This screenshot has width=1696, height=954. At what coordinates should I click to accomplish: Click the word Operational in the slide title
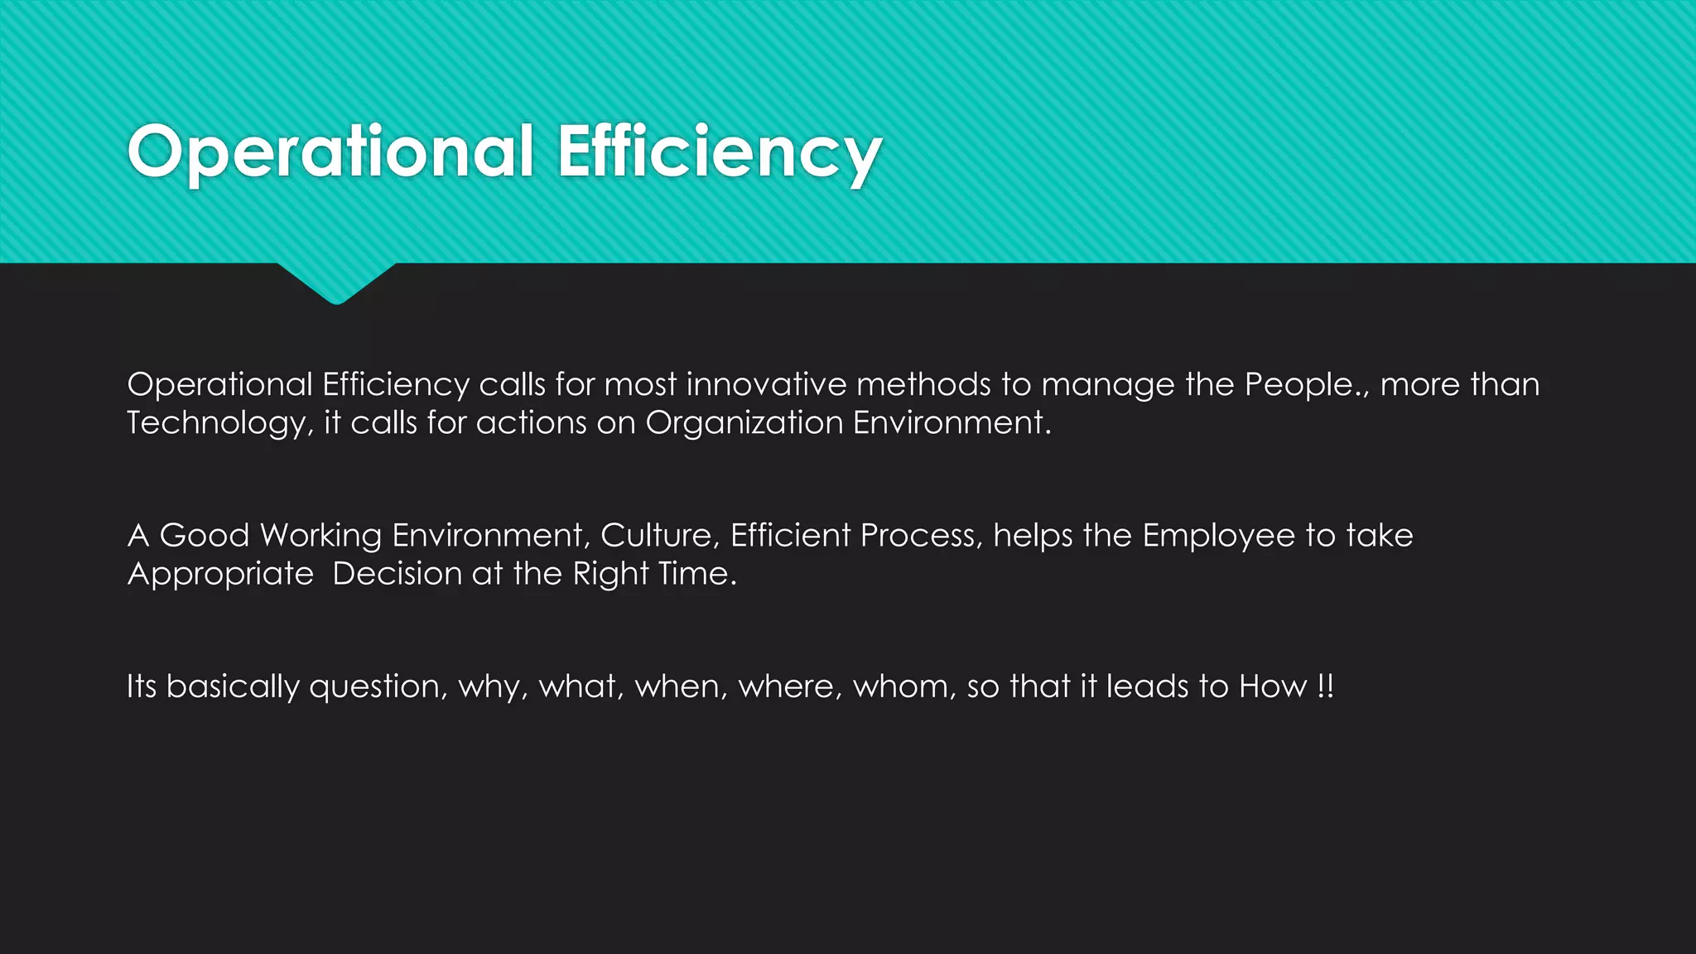coord(330,152)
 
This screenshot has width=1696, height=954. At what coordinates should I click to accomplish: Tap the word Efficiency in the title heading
coord(719,152)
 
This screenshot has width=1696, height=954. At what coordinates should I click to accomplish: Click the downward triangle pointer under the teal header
coord(336,282)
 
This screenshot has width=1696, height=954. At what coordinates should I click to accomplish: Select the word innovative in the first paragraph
coord(766,385)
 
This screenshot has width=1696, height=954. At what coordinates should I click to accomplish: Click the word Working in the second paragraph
coord(320,536)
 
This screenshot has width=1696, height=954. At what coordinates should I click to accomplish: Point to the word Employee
coord(1218,536)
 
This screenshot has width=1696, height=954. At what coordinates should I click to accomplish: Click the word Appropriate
coord(220,574)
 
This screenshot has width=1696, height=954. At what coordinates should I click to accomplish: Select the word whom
coord(904,687)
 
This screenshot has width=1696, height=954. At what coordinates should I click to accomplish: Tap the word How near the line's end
coord(1273,687)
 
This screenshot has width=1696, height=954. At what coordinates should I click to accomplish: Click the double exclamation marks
coord(1325,687)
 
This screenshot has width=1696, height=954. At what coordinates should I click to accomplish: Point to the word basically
coord(233,687)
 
